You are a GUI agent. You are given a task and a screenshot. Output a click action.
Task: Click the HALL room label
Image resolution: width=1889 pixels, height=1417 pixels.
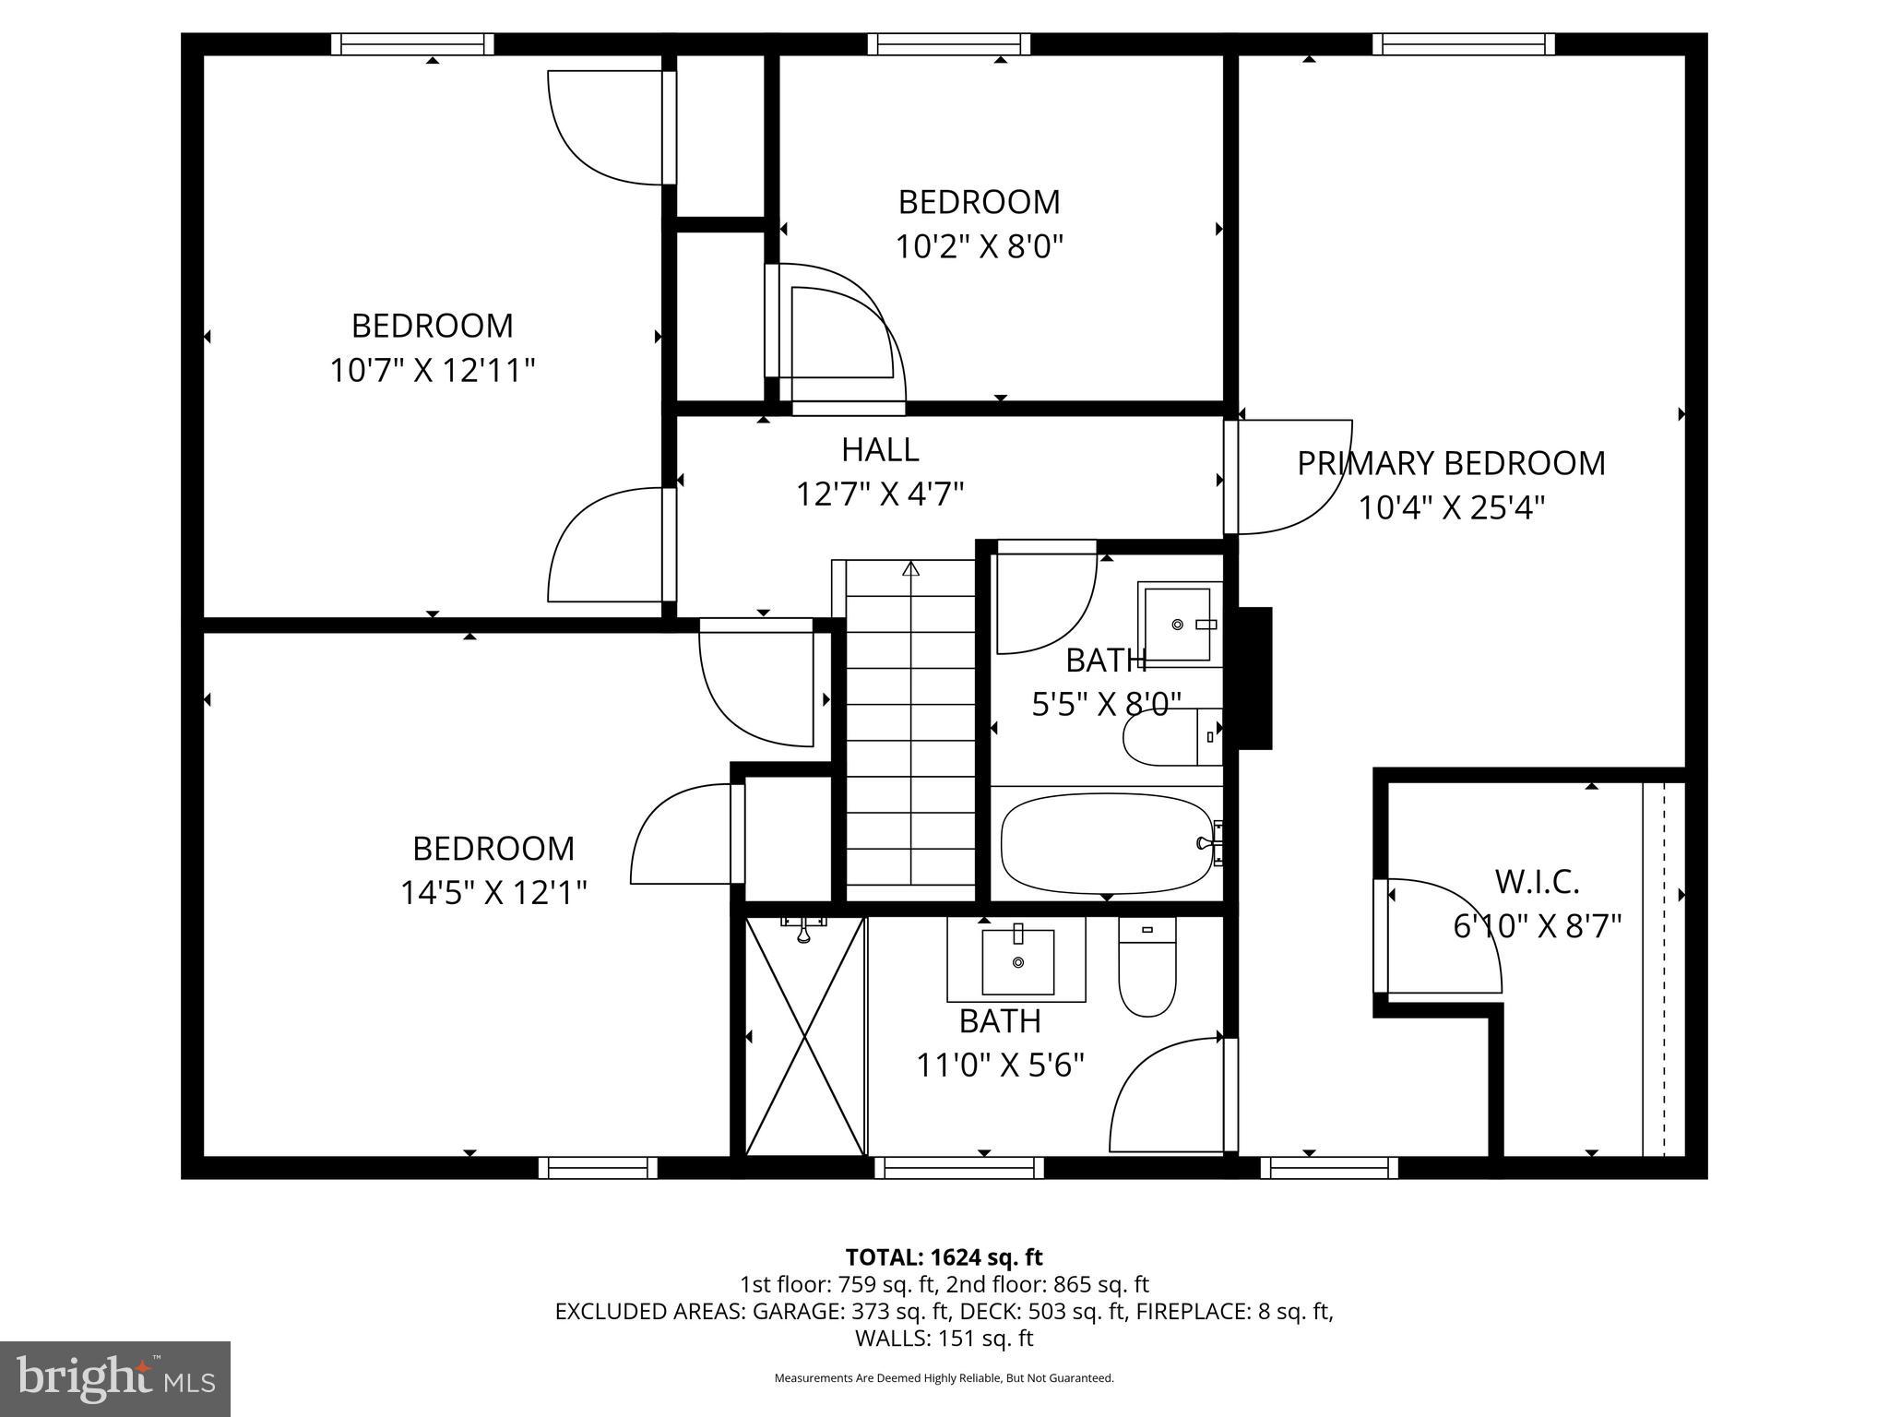[x=880, y=449]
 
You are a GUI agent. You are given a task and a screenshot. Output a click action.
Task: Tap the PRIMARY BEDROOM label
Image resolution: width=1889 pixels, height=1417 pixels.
[x=1451, y=463]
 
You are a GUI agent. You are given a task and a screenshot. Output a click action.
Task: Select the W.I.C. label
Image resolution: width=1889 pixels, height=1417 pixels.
[x=1537, y=882]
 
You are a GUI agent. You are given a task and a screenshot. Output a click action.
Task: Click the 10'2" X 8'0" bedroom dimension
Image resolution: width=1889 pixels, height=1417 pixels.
[x=979, y=247]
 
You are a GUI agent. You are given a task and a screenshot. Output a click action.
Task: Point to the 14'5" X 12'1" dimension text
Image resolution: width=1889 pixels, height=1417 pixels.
[x=493, y=893]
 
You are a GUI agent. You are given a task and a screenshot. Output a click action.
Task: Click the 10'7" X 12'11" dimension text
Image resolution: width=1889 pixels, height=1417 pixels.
[x=433, y=371]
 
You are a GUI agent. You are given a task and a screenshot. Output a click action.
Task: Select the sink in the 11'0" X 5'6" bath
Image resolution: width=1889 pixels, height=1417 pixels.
[x=1017, y=961]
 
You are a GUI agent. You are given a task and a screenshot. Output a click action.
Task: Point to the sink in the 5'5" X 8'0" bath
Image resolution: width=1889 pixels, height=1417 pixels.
[x=1178, y=624]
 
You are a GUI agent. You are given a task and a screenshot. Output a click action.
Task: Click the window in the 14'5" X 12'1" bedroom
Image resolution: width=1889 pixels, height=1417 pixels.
[x=598, y=1168]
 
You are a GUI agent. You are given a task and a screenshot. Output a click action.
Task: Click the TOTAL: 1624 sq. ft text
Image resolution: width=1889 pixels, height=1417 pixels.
[x=944, y=1256]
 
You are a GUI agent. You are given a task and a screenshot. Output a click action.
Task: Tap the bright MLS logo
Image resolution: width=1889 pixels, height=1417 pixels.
[x=115, y=1378]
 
